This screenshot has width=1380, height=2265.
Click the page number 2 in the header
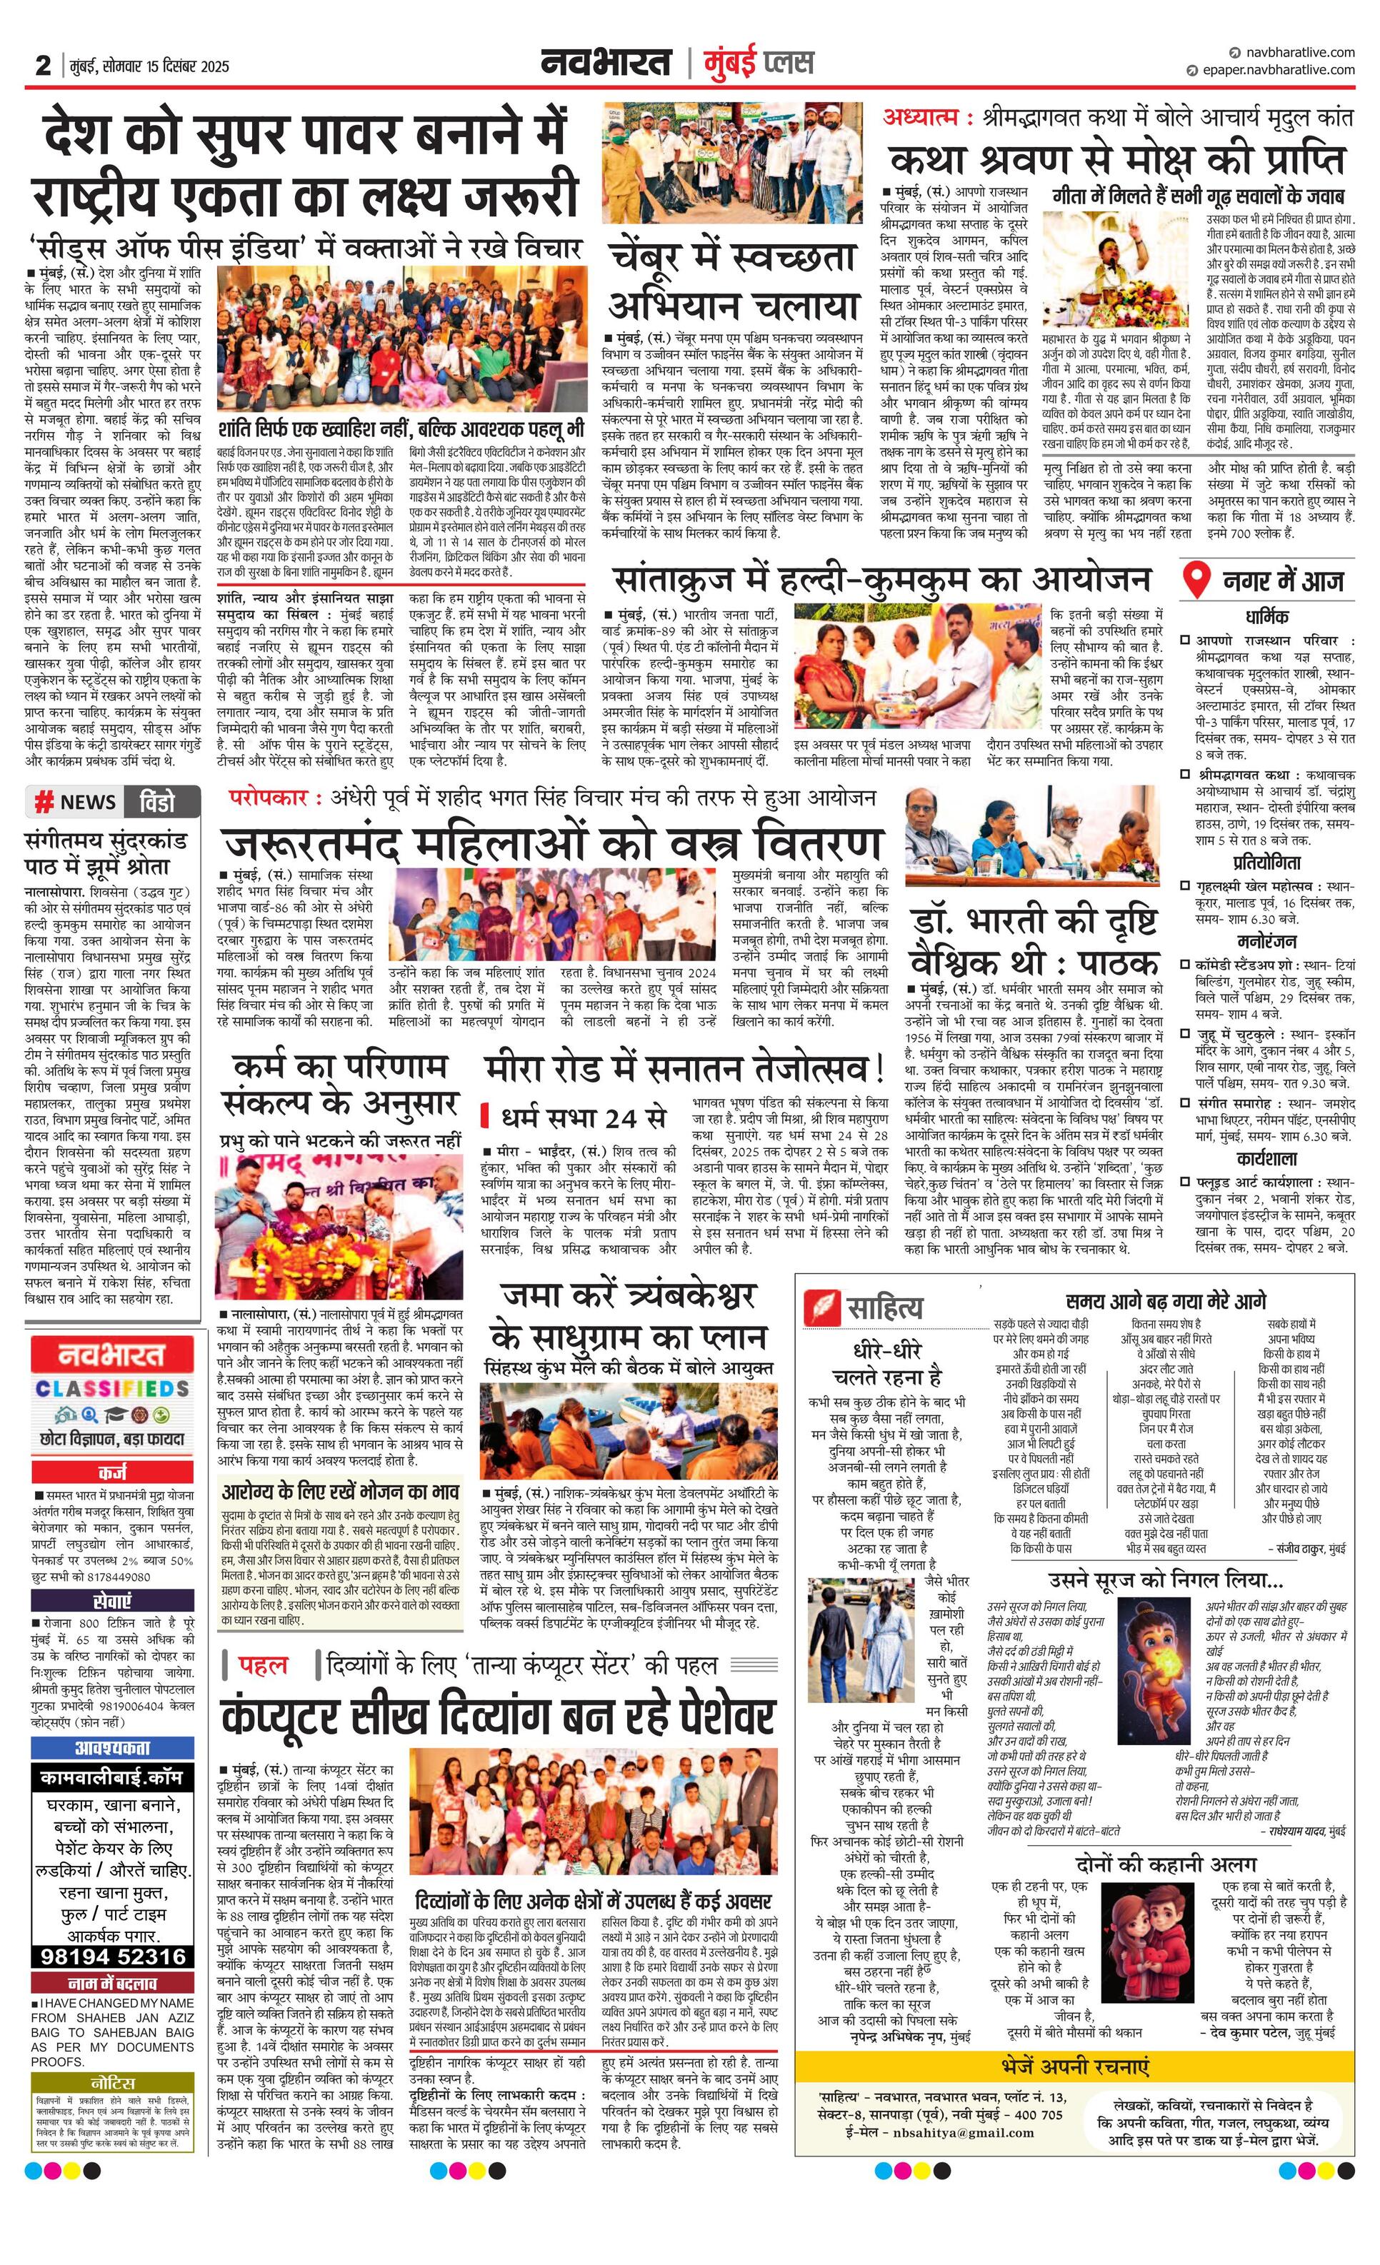click(42, 66)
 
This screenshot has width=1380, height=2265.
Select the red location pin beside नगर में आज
click(1195, 580)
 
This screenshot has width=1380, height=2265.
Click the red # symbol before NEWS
click(42, 803)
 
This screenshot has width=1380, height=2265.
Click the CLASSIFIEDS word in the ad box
click(113, 1389)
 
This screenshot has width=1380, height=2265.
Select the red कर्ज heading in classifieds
click(113, 1472)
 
